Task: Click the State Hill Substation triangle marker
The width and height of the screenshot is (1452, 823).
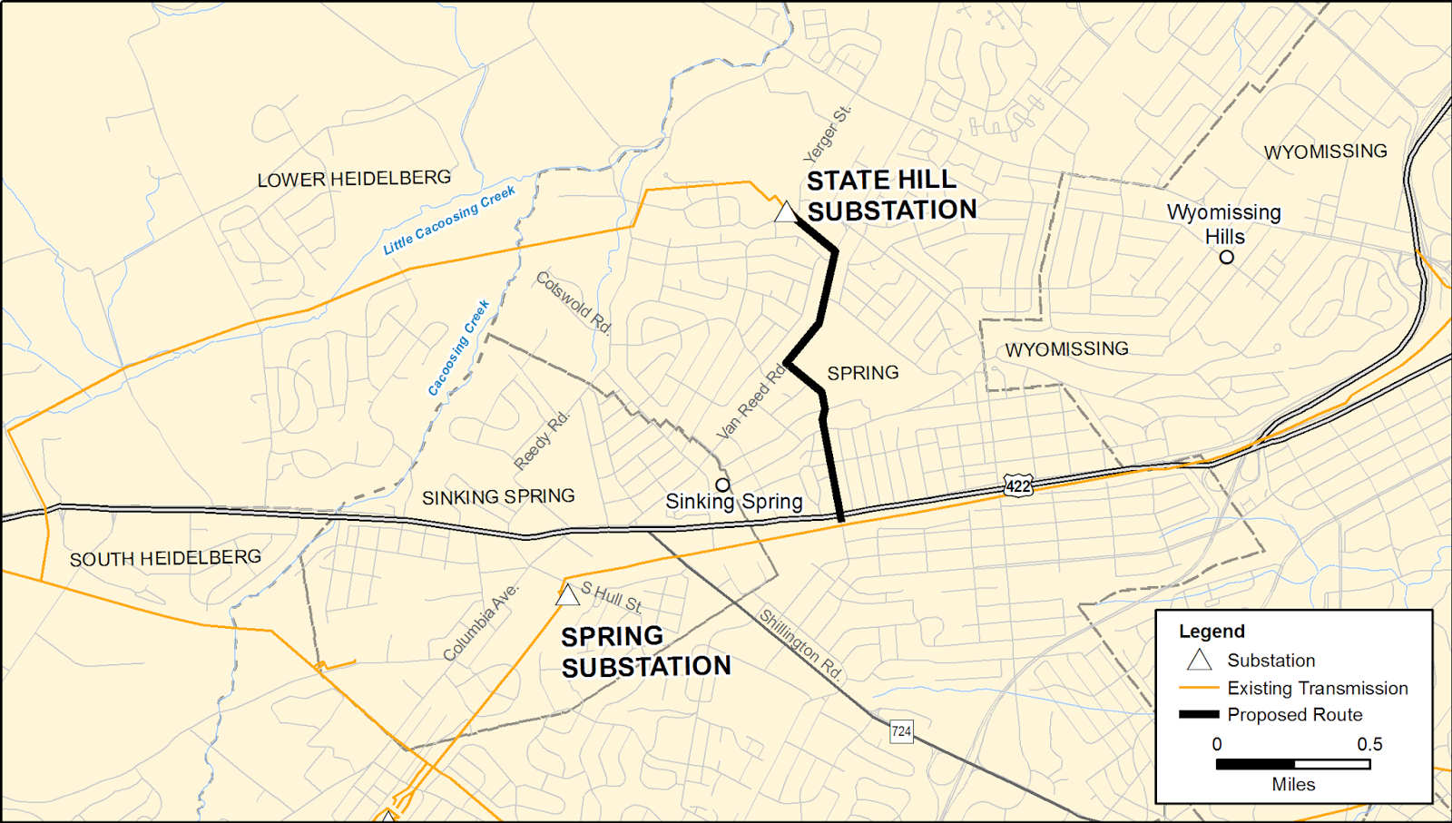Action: coord(786,213)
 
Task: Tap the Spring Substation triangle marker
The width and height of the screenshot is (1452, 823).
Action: coord(567,596)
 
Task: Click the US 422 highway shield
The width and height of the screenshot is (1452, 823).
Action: coord(1018,485)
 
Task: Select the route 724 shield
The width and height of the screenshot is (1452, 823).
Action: coord(901,731)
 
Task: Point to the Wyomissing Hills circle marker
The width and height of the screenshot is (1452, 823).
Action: coord(1226,257)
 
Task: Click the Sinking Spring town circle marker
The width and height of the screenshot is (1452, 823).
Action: coord(722,485)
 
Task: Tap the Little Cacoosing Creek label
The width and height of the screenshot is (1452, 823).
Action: coord(448,220)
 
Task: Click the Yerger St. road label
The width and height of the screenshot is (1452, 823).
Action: coord(828,134)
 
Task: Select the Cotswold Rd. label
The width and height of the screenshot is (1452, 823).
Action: coord(574,302)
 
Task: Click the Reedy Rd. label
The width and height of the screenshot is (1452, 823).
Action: coord(542,441)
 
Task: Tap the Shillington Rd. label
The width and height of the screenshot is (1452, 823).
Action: coord(800,645)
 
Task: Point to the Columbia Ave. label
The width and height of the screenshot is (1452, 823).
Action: coord(481,622)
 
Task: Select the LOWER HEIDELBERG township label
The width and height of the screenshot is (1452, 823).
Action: coord(354,179)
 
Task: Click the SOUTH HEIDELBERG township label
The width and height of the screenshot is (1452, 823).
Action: coord(165,558)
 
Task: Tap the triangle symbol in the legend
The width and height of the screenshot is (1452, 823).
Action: coord(1199,660)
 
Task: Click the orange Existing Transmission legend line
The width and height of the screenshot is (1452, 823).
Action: coord(1198,688)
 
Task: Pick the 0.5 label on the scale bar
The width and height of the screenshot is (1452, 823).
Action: coord(1369,744)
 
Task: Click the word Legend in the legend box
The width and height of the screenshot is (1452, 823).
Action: coord(1212,632)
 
